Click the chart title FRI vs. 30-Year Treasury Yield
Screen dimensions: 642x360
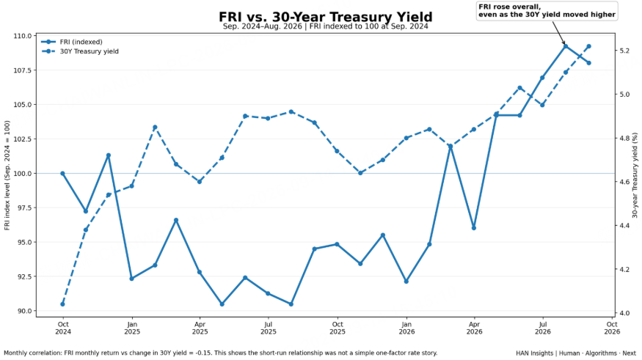pos(326,17)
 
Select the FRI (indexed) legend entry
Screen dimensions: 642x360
pos(72,42)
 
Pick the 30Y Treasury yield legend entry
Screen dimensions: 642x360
pos(80,51)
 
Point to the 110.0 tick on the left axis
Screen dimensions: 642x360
pos(23,36)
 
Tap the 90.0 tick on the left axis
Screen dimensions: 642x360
pos(24,311)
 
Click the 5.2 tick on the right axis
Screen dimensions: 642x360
pos(624,51)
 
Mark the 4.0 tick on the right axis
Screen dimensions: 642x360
pos(624,313)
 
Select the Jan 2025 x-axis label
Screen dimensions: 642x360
pos(132,328)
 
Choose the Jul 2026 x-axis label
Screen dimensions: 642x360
pos(542,328)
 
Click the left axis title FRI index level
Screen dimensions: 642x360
pos(7,175)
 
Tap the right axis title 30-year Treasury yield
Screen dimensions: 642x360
pos(635,175)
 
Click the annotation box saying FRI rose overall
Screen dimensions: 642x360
pos(547,11)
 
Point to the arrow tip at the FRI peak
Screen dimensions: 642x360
pos(565,45)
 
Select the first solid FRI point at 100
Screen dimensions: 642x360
pos(62,174)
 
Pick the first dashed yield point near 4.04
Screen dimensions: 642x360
pos(62,304)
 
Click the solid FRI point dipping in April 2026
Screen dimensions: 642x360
pos(474,228)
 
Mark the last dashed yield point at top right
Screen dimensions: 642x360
pos(588,46)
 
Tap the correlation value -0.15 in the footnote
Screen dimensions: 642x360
pos(203,353)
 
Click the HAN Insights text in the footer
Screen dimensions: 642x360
pos(534,353)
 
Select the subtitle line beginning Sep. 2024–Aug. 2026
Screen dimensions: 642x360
pos(326,26)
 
